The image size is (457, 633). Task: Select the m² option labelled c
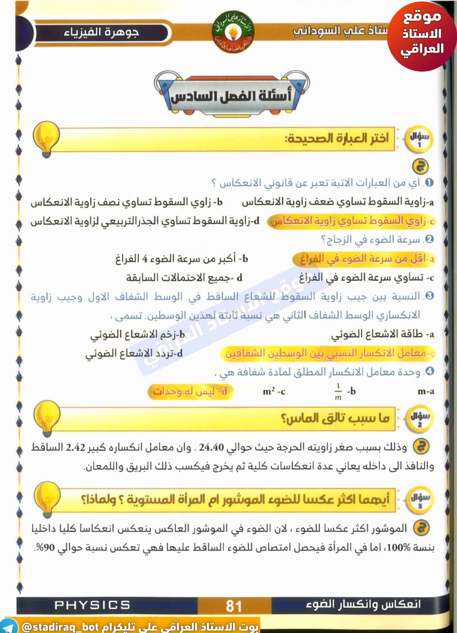pos(274,392)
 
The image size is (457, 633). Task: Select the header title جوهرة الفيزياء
pos(101,33)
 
